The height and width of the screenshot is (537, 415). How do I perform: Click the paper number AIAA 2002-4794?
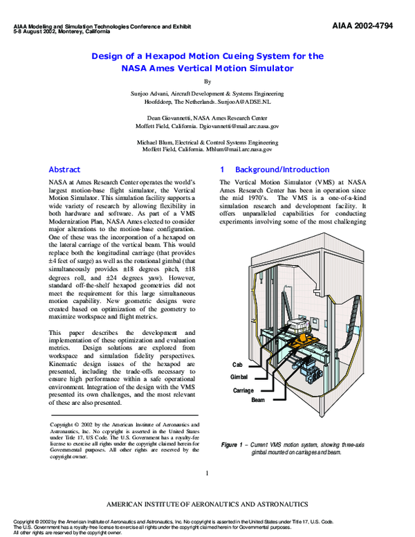(372, 26)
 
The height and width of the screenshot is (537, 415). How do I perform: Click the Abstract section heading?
(64, 170)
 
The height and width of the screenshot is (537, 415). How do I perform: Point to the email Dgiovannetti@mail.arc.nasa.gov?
(236, 127)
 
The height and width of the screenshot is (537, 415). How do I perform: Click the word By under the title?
(207, 81)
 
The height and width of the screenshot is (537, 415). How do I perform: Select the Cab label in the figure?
(238, 364)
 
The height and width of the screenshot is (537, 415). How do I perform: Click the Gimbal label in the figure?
(239, 377)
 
